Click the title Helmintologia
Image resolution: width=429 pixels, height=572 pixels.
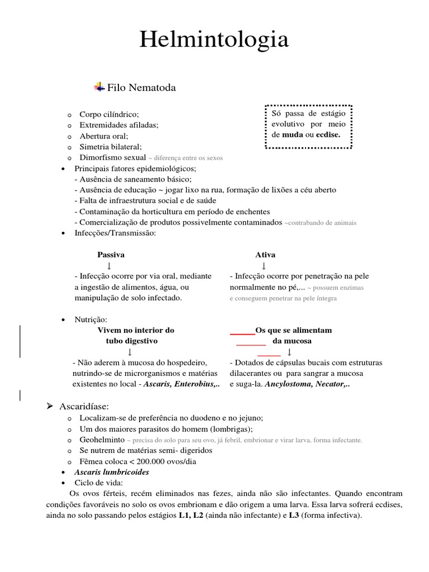(x=214, y=40)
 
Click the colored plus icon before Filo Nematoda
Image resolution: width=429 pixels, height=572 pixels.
(x=99, y=87)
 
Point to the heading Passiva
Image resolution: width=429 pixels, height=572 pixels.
(x=111, y=255)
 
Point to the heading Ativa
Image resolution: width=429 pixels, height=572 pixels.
(x=265, y=255)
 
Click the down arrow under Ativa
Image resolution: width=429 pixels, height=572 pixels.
(x=264, y=265)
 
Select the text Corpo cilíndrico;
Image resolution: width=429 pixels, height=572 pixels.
(x=109, y=115)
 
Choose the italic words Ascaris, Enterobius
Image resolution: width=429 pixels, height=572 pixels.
(x=182, y=384)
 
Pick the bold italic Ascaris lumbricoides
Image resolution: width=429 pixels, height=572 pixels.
(x=112, y=472)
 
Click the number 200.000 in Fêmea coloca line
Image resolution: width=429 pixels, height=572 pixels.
(x=149, y=461)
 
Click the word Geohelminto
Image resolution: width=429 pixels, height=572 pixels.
(x=102, y=440)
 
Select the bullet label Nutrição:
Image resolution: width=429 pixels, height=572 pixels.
(x=90, y=320)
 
